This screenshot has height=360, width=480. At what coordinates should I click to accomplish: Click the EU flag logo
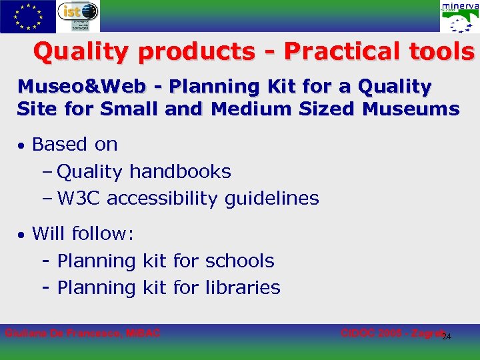click(x=27, y=16)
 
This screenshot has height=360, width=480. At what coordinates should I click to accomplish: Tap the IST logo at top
click(x=78, y=16)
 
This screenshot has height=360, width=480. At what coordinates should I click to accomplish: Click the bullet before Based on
click(x=22, y=145)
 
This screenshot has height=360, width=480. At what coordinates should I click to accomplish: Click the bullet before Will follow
click(x=22, y=235)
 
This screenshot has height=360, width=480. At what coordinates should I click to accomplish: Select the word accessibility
click(x=162, y=198)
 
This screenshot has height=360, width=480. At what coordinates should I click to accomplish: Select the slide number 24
click(x=447, y=336)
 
